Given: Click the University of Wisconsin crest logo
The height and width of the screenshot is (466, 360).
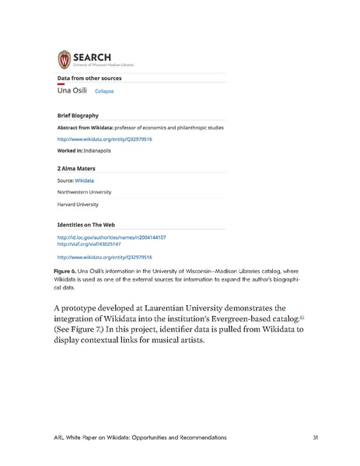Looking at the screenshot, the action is click(x=65, y=58).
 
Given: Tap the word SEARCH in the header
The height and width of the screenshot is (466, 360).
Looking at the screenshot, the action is click(x=92, y=56).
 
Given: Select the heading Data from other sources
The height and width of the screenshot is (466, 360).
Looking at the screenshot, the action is click(x=89, y=78).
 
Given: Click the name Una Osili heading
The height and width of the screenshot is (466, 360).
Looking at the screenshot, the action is click(x=73, y=90).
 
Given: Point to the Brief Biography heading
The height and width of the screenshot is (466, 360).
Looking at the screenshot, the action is click(x=78, y=115).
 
